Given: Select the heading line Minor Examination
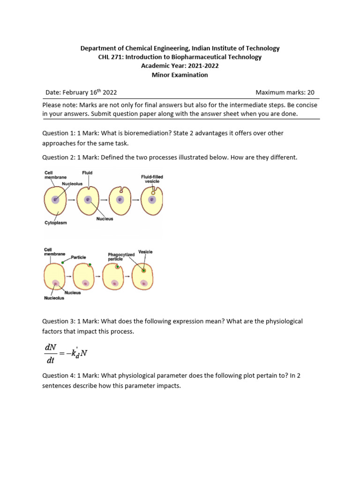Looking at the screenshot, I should point(180,75).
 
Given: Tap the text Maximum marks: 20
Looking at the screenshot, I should point(285,92).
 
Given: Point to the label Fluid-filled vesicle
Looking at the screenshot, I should point(152,179).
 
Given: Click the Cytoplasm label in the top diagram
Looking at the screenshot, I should point(55,223).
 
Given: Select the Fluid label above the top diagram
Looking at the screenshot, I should point(87,173).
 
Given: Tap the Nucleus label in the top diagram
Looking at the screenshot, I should point(105,219).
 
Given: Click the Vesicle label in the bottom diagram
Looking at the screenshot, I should point(145,252).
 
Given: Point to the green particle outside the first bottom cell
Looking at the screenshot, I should point(62,262).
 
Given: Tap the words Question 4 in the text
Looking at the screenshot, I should point(58,376).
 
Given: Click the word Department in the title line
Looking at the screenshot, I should point(97,48).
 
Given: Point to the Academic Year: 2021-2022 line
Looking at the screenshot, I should point(180,66).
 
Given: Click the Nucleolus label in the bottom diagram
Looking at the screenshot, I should point(54,298).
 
